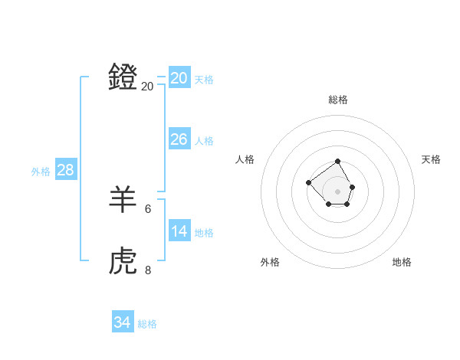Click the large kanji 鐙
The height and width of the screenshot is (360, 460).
pyautogui.click(x=123, y=77)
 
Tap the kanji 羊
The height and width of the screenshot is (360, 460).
pyautogui.click(x=123, y=199)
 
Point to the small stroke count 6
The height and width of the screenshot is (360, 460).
pyautogui.click(x=148, y=208)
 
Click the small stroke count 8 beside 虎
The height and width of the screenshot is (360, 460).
pyautogui.click(x=148, y=270)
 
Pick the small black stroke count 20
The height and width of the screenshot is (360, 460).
pyautogui.click(x=147, y=87)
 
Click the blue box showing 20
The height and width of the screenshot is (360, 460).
pyautogui.click(x=179, y=78)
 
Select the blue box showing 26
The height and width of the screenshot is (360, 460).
pyautogui.click(x=179, y=139)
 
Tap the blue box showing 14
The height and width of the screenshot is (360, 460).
pyautogui.click(x=179, y=231)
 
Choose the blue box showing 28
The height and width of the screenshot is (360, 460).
pyautogui.click(x=65, y=170)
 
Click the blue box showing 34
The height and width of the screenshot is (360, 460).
pyautogui.click(x=122, y=322)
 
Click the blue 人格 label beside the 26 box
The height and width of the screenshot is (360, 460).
pyautogui.click(x=204, y=141)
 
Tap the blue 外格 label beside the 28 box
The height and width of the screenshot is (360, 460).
pyautogui.click(x=41, y=172)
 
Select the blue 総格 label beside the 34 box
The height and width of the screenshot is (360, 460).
pyautogui.click(x=147, y=324)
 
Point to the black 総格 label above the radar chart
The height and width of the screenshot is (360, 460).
pyautogui.click(x=338, y=100)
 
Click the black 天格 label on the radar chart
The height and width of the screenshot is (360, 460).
pyautogui.click(x=431, y=159)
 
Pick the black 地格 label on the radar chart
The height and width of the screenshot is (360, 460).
pyautogui.click(x=402, y=262)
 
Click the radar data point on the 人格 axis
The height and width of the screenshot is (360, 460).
pyautogui.click(x=308, y=182)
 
